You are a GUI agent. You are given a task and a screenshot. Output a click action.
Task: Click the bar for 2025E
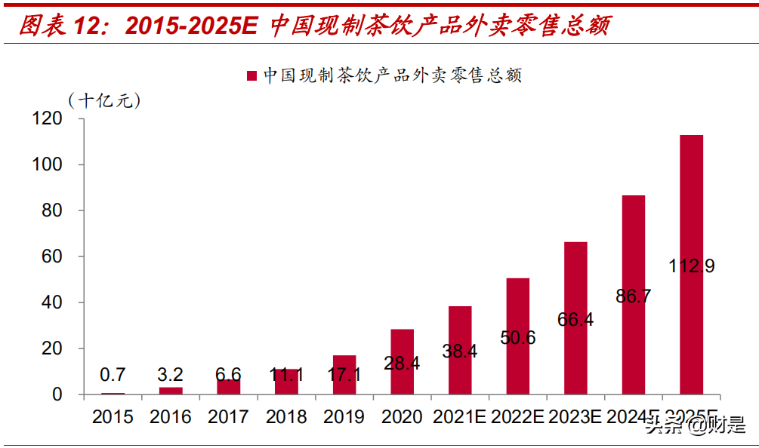pos(691,226)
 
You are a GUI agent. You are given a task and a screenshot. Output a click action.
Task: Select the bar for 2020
pos(402,362)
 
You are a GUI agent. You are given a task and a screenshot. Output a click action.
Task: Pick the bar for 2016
pos(171,391)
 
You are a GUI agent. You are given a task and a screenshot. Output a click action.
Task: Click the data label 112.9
pos(691,266)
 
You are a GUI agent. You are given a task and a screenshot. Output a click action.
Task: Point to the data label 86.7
pos(634,296)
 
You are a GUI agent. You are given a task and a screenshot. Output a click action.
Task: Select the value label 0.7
pos(113,375)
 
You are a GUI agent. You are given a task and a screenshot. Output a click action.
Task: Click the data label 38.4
pos(460,351)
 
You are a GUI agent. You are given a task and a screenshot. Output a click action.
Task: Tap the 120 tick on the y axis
pos(47,118)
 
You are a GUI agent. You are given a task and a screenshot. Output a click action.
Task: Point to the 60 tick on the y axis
pos(51,256)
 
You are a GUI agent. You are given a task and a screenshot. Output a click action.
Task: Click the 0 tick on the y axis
pos(57,394)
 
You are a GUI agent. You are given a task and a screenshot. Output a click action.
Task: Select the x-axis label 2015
pos(113,416)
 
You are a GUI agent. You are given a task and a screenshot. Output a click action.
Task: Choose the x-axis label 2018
pos(286,416)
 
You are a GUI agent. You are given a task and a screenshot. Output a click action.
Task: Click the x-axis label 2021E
pos(460,416)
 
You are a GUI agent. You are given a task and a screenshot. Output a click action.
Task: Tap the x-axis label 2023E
pos(575,416)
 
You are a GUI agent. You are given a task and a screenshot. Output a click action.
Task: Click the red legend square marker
pos(253,75)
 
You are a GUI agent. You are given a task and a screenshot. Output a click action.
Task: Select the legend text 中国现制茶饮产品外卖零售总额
pos(392,75)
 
